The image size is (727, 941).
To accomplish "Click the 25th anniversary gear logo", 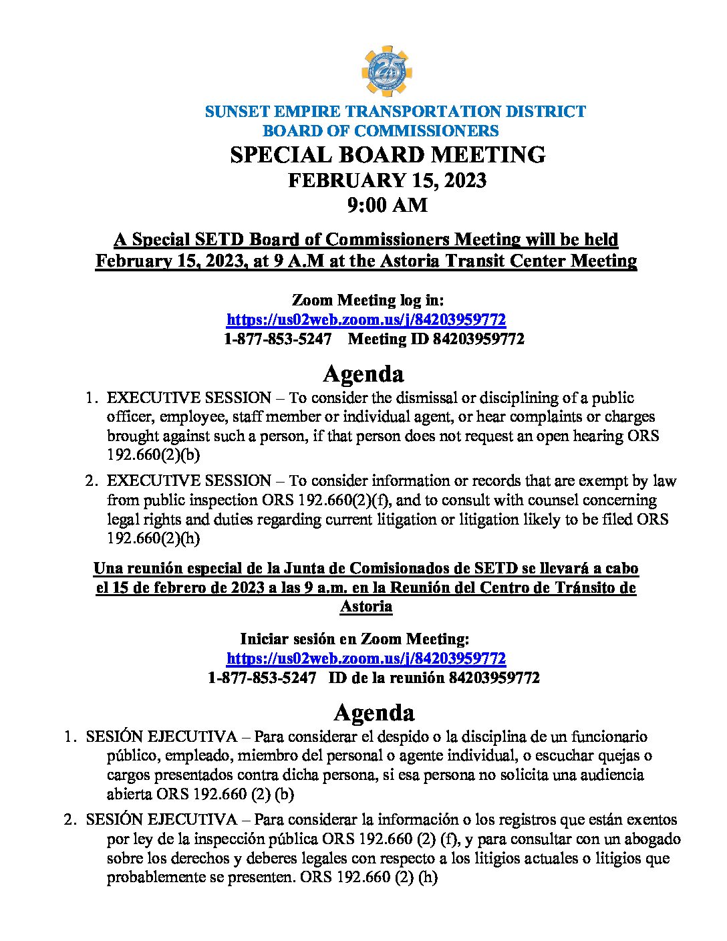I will (x=386, y=71).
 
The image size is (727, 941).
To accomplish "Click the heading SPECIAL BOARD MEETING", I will (x=388, y=155).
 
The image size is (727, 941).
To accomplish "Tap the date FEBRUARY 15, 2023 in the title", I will (x=387, y=180).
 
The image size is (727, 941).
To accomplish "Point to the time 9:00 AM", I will (x=387, y=205).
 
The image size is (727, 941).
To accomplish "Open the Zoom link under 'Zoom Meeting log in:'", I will (x=366, y=319).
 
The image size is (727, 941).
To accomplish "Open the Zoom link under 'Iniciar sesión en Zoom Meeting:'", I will (x=366, y=658).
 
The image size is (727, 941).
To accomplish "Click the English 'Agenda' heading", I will (x=363, y=374).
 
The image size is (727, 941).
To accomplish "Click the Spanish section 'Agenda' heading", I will (x=374, y=712).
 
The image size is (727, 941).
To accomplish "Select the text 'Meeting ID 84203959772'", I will (x=436, y=339).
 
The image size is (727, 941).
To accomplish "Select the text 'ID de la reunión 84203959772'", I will (x=434, y=678).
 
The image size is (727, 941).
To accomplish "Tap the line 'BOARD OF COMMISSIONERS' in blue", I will (x=380, y=131).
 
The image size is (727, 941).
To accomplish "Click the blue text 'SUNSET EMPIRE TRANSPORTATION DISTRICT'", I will (x=395, y=112).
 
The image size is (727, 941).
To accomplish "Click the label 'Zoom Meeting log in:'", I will (x=368, y=300).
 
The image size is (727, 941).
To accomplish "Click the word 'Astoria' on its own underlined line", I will (x=366, y=606).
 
